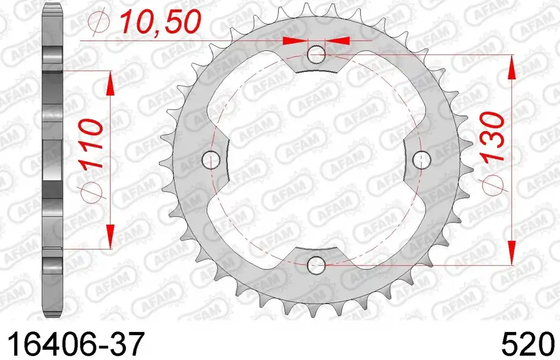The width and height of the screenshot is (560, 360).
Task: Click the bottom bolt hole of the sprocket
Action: pyautogui.click(x=317, y=263)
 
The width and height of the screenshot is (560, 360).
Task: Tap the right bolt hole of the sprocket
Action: pyautogui.click(x=421, y=159)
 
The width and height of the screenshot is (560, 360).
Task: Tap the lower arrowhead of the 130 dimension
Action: pyautogui.click(x=511, y=251)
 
